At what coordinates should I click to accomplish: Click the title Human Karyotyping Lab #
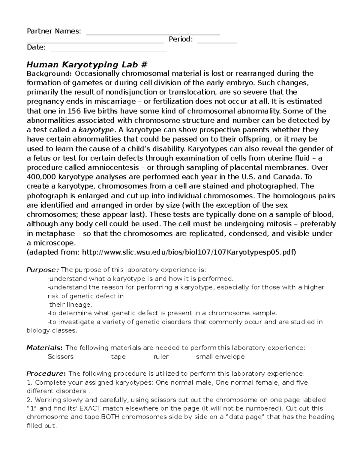pyautogui.click(x=87, y=65)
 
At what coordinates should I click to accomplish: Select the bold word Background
pyautogui.click(x=49, y=74)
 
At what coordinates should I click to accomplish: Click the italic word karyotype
pyautogui.click(x=96, y=130)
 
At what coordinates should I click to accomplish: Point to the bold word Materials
pyautogui.click(x=44, y=348)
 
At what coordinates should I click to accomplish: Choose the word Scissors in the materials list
pyautogui.click(x=61, y=357)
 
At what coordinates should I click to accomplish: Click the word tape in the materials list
pyautogui.click(x=118, y=357)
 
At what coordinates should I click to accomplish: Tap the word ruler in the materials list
pyautogui.click(x=161, y=357)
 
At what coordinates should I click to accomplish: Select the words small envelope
pyautogui.click(x=220, y=357)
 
